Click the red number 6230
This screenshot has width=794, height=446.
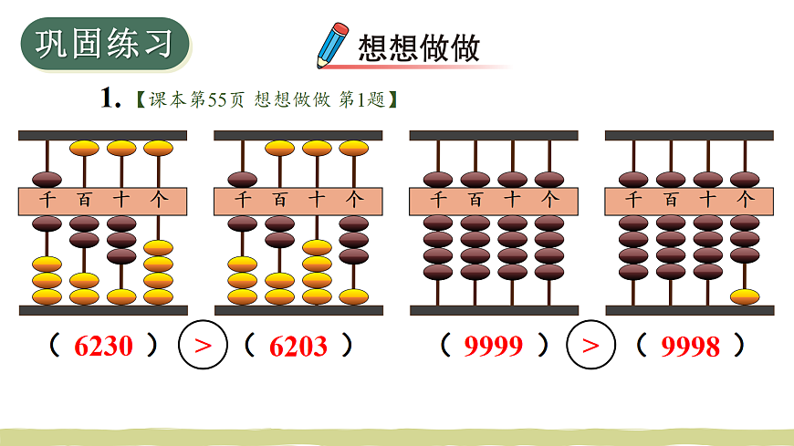[x=104, y=347]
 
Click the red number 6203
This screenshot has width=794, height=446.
[x=298, y=347]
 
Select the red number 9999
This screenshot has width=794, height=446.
[x=494, y=347]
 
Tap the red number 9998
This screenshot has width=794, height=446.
[x=690, y=347]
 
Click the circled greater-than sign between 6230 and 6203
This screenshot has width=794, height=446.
[x=204, y=346]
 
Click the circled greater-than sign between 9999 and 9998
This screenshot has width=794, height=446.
[x=591, y=346]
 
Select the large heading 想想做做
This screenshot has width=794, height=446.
[x=419, y=47]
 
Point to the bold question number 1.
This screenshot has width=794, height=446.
[x=110, y=99]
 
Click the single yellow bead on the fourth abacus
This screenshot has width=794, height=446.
[x=745, y=296]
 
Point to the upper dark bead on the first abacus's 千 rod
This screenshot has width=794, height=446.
[x=47, y=179]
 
